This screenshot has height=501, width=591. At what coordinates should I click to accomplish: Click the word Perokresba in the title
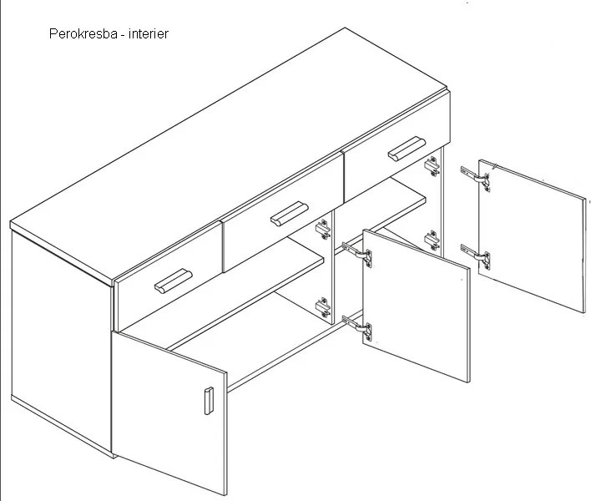(83, 34)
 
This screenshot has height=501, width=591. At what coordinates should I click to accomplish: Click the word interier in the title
(149, 34)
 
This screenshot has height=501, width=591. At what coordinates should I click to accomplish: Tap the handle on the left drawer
(174, 281)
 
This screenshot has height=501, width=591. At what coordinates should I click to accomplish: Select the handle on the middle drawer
(290, 214)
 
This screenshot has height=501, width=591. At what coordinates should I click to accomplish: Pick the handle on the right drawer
(407, 149)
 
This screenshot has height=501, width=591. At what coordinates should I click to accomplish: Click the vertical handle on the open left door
(209, 401)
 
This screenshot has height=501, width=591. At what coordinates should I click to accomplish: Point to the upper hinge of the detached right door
(476, 178)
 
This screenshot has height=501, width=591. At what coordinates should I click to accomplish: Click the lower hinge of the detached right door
(476, 256)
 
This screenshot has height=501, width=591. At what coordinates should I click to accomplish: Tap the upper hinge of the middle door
(357, 255)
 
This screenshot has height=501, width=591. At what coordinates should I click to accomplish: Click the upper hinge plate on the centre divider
(323, 229)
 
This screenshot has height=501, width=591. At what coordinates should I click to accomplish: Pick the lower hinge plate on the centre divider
(323, 307)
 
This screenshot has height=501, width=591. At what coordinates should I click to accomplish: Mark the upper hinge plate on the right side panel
(432, 166)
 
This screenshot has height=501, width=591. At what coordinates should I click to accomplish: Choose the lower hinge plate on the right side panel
(432, 240)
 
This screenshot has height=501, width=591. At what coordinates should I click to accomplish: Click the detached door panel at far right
(533, 236)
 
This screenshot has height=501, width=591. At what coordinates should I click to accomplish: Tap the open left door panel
(169, 413)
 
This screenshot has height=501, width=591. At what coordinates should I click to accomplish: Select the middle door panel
(417, 306)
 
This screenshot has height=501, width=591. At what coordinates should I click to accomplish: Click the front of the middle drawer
(283, 212)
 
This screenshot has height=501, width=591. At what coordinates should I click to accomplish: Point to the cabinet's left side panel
(63, 343)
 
